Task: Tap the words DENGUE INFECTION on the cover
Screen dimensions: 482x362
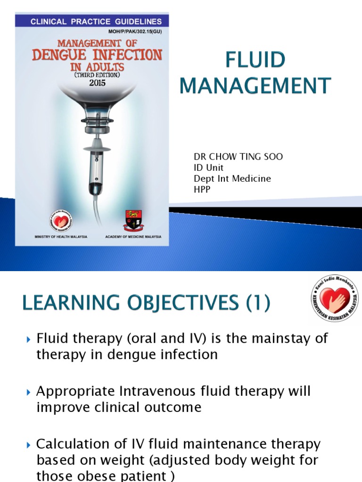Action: [x=97, y=55]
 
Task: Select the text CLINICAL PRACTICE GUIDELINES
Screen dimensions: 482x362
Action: [x=96, y=22]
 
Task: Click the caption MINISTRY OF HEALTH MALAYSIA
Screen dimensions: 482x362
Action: [x=61, y=237]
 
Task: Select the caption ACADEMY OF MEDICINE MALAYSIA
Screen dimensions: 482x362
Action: [x=133, y=237]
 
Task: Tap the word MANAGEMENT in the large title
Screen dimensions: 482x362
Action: [x=255, y=86]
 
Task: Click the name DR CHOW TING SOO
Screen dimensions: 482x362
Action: [x=239, y=157]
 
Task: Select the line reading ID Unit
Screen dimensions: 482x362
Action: [x=208, y=168]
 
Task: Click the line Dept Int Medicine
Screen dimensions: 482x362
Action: [x=232, y=178]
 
